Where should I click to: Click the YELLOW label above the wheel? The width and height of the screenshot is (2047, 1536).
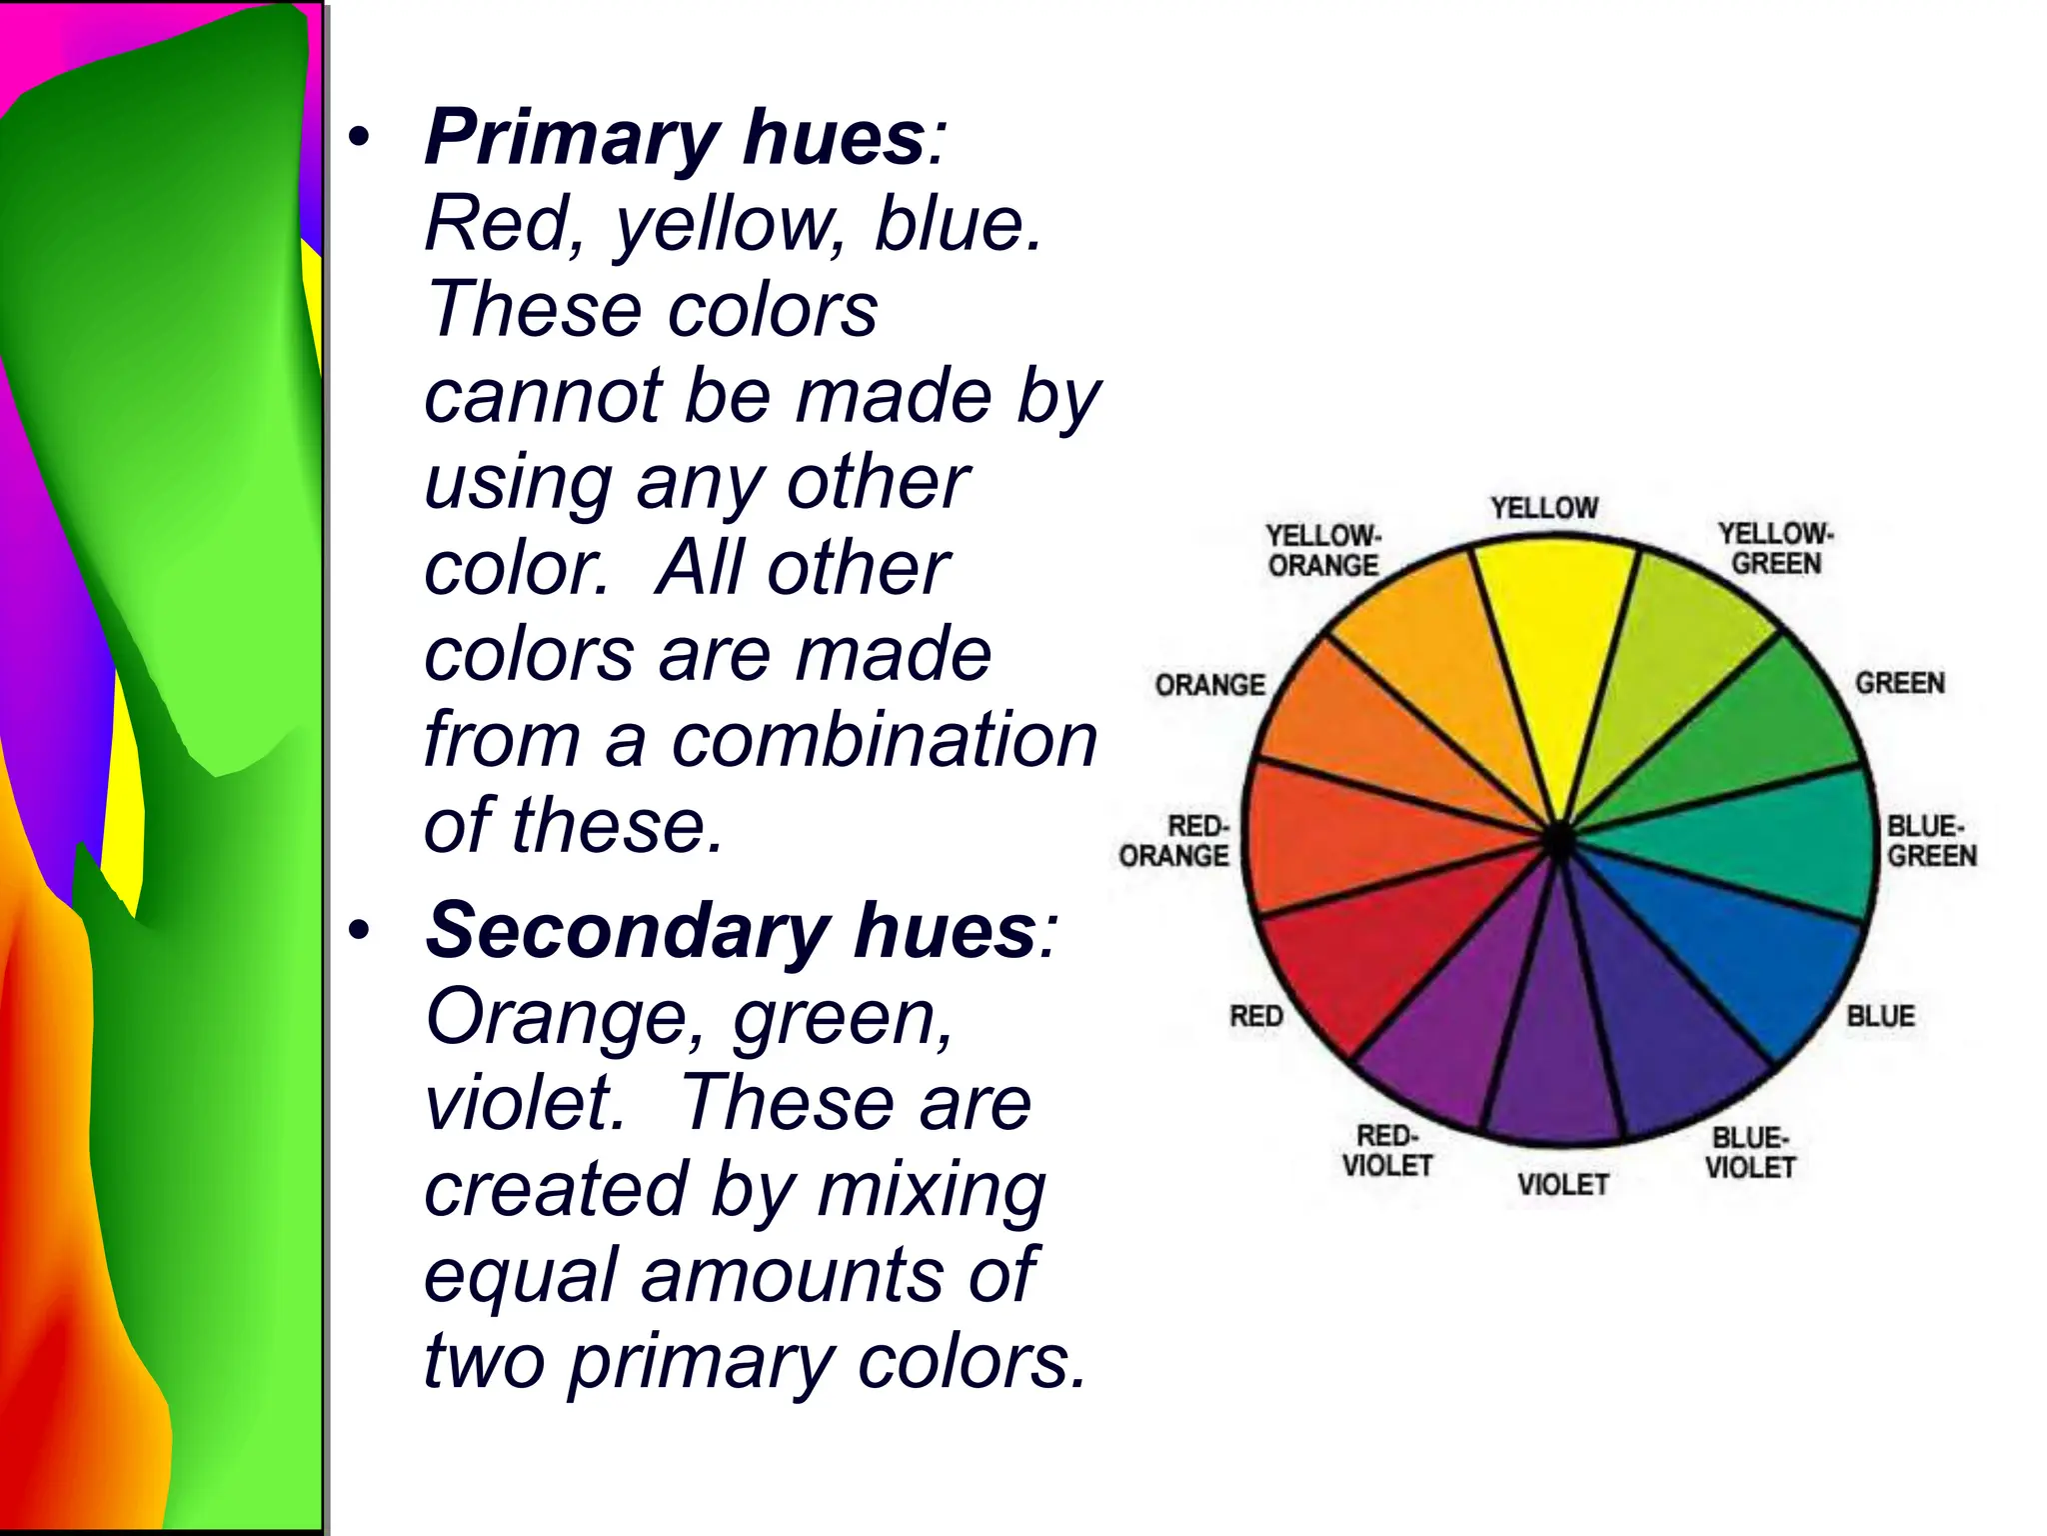click(x=1544, y=508)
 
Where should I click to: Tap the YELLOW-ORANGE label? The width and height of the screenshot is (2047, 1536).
click(x=1323, y=550)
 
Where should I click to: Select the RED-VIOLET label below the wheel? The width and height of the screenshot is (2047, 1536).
click(x=1387, y=1151)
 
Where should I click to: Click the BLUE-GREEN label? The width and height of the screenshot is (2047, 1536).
click(x=1931, y=841)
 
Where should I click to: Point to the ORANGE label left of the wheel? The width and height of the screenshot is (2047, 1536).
click(x=1209, y=685)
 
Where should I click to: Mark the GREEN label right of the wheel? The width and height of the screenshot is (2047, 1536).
click(x=1899, y=683)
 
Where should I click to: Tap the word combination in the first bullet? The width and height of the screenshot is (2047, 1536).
click(x=884, y=741)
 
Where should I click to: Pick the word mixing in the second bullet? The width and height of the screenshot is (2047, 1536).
click(x=931, y=1190)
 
